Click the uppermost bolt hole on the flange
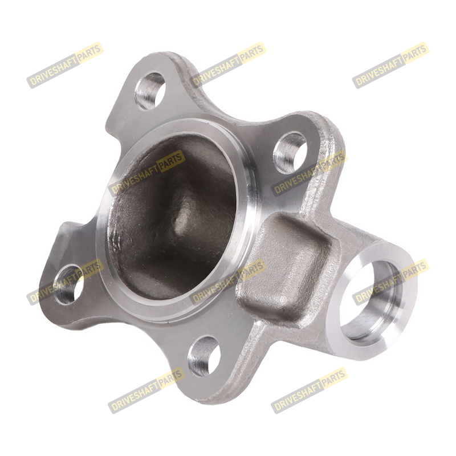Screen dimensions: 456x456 pyautogui.click(x=150, y=91)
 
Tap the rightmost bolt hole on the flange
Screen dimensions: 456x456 pyautogui.click(x=290, y=153)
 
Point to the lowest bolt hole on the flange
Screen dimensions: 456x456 pyautogui.click(x=204, y=357)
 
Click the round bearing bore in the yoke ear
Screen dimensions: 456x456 pyautogui.click(x=372, y=300)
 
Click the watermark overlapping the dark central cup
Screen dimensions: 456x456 pyautogui.click(x=146, y=173)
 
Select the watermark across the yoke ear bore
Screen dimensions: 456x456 pyautogui.click(x=390, y=282)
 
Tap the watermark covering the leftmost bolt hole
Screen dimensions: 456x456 pyautogui.click(x=65, y=282)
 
